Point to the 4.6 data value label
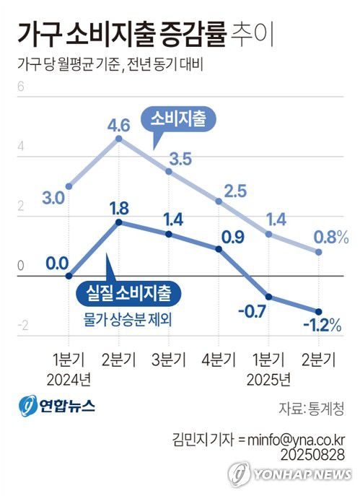[118, 126]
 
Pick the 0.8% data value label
[332, 236]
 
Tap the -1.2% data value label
[322, 326]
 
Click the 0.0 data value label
[56, 262]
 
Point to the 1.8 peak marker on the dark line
[118, 222]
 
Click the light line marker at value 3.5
[169, 171]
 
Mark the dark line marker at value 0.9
[219, 249]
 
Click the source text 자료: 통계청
[312, 407]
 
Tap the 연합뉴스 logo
[57, 406]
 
